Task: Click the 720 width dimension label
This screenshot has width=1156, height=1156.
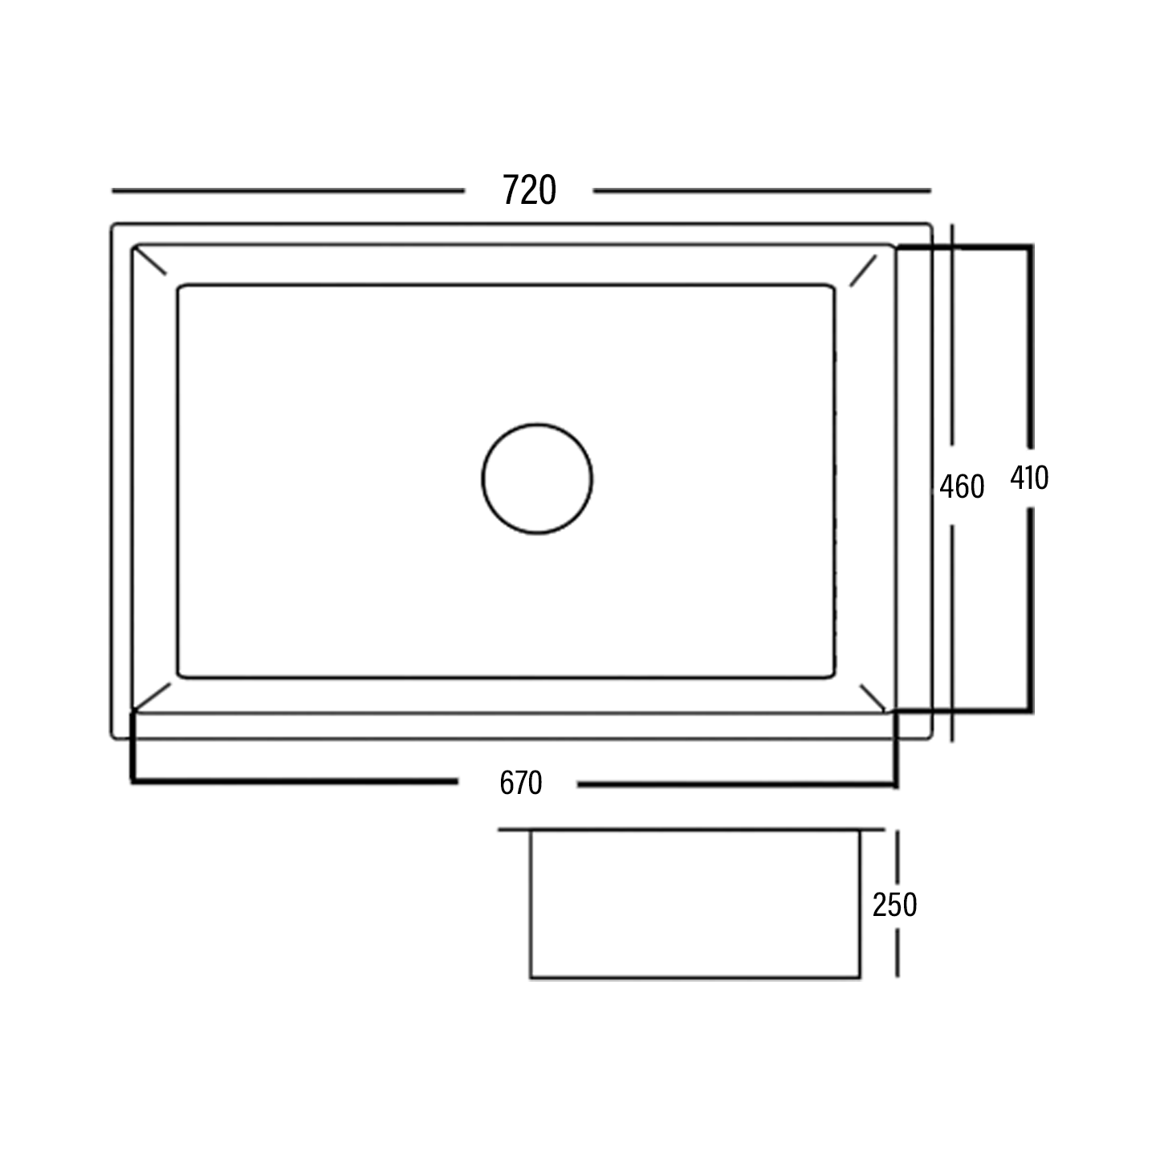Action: pos(529,191)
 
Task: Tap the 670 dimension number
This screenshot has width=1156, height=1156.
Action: pos(521,783)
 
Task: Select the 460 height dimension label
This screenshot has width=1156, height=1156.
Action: pos(962,486)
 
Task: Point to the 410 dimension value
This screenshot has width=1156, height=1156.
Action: pos(1029,478)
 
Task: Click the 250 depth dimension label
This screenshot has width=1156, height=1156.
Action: pos(894,905)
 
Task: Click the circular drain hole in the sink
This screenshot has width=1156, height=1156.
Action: pos(537,479)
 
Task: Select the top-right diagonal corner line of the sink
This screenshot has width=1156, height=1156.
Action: pos(864,270)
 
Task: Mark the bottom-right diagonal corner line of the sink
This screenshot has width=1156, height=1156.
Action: pos(872,697)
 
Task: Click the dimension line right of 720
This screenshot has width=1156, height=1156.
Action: pos(761,191)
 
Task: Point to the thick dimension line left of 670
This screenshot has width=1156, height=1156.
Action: pos(294,779)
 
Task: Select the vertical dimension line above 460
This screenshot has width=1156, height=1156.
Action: pos(952,337)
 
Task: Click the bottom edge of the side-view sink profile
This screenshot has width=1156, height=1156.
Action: pos(695,978)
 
